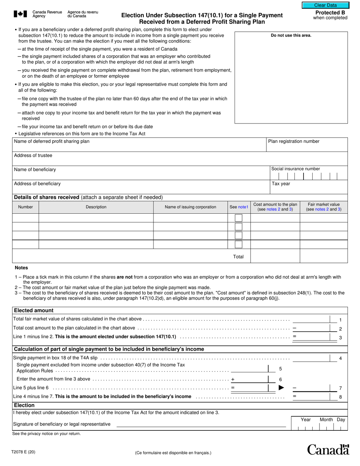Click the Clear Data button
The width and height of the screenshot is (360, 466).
click(x=325, y=5)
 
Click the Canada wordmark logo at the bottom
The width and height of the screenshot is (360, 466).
click(x=328, y=450)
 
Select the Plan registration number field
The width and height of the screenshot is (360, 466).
click(x=307, y=147)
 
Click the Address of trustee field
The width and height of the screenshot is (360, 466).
click(x=180, y=161)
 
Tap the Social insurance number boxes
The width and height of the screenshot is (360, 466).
click(x=308, y=176)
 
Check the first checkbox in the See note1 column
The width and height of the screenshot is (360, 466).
click(x=238, y=218)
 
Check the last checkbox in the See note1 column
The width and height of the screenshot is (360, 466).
click(x=238, y=244)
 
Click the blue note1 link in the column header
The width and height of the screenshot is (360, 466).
click(x=243, y=207)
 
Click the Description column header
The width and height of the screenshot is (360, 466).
click(x=96, y=207)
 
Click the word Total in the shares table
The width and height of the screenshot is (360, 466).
click(x=238, y=257)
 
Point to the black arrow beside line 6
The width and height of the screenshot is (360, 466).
click(x=281, y=388)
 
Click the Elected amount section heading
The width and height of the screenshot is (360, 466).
click(x=34, y=311)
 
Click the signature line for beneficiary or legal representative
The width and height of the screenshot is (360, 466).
click(x=201, y=424)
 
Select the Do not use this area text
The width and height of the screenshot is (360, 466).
click(x=291, y=36)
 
